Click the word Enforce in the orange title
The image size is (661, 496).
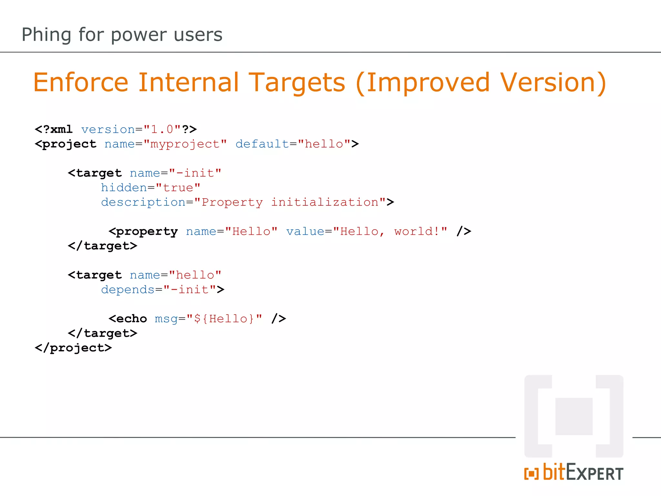(x=81, y=83)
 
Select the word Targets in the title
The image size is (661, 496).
(x=297, y=83)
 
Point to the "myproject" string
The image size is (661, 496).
(x=185, y=144)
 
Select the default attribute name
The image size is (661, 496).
(x=262, y=144)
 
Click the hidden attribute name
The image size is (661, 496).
(x=124, y=188)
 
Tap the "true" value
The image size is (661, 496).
(x=178, y=188)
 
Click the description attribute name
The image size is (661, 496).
(x=143, y=202)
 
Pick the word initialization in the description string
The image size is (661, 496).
(x=325, y=202)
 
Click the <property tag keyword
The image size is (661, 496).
(x=143, y=232)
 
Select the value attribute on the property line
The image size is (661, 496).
(x=305, y=232)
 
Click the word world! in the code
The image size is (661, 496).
(x=416, y=232)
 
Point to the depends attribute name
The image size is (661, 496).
(x=128, y=290)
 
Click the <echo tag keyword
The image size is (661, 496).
(x=128, y=319)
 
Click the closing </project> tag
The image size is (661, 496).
(x=73, y=348)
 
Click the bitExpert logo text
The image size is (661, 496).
(x=583, y=473)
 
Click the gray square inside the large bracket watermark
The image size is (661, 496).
(x=574, y=416)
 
